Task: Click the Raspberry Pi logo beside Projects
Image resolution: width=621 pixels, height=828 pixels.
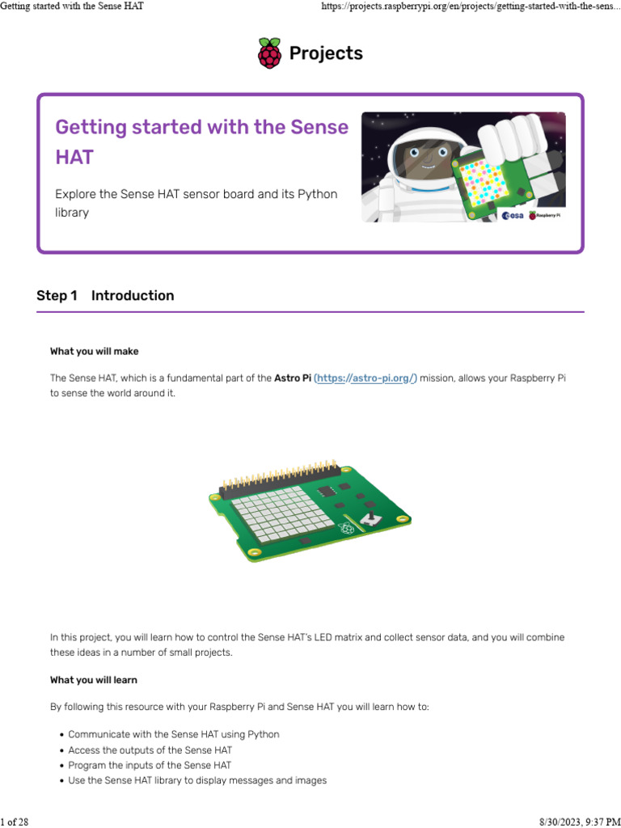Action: (269, 53)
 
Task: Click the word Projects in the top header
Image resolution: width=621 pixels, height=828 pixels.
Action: (326, 54)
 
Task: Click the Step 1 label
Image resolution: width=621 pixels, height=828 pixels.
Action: (57, 296)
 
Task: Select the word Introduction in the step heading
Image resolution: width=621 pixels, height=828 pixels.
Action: (133, 296)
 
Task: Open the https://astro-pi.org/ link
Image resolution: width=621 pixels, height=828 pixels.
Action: (365, 378)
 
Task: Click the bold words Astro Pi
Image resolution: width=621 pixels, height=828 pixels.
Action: (293, 378)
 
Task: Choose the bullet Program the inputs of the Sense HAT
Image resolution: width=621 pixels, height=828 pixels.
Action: (150, 765)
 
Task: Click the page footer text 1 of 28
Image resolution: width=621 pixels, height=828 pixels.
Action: (15, 822)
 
